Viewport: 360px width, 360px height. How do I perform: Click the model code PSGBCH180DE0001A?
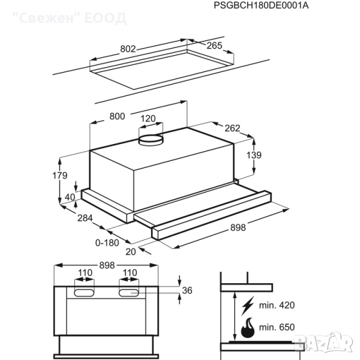click(261, 5)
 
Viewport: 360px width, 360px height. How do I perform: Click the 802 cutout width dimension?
click(128, 49)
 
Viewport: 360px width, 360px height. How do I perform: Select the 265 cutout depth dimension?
click(214, 46)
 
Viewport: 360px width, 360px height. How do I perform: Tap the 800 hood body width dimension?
click(117, 116)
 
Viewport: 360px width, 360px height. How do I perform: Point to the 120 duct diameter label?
click(148, 118)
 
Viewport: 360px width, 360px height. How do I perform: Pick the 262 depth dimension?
click(232, 128)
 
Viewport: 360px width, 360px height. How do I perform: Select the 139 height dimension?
click(254, 155)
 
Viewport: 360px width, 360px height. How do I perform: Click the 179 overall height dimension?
click(59, 176)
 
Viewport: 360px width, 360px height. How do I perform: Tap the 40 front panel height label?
click(70, 197)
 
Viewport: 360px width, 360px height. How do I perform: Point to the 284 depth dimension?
click(85, 218)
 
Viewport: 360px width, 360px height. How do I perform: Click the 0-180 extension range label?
click(107, 242)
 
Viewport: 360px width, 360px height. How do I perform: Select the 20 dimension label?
click(131, 252)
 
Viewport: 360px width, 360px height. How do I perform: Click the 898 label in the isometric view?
click(238, 227)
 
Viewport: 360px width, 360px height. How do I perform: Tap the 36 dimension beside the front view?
click(187, 290)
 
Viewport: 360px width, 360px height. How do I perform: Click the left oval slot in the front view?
click(84, 293)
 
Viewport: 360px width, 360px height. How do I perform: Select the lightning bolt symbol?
click(248, 305)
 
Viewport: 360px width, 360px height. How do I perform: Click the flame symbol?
click(247, 328)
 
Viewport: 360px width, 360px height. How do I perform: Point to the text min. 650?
click(277, 327)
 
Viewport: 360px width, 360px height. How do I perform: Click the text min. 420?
click(277, 305)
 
